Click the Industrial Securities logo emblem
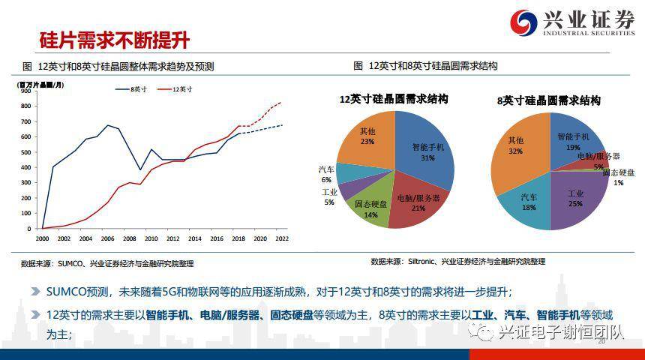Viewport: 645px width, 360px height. coord(523,22)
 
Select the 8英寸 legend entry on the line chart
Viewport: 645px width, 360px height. coord(131,89)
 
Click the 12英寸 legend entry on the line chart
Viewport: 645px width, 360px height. coord(175,89)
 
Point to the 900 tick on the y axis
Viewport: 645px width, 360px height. coord(25,91)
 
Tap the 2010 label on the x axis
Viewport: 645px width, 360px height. coord(151,238)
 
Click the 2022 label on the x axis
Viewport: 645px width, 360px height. coord(282,238)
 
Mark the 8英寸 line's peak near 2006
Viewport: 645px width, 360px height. coord(108,125)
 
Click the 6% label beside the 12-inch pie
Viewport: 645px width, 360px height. coord(326,180)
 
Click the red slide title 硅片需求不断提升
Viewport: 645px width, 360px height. coord(114,40)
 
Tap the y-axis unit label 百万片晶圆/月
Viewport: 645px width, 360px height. coord(40,85)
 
